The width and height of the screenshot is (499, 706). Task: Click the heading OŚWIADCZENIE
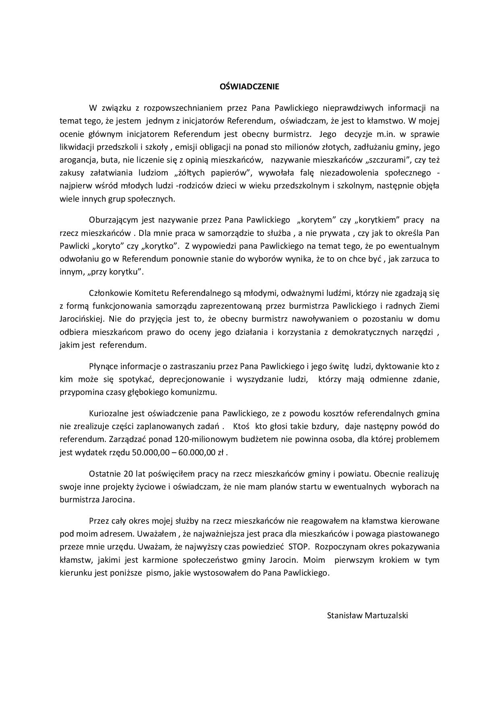point(249,87)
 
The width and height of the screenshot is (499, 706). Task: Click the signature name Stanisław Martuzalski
point(367,615)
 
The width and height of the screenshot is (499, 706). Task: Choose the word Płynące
point(102,366)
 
